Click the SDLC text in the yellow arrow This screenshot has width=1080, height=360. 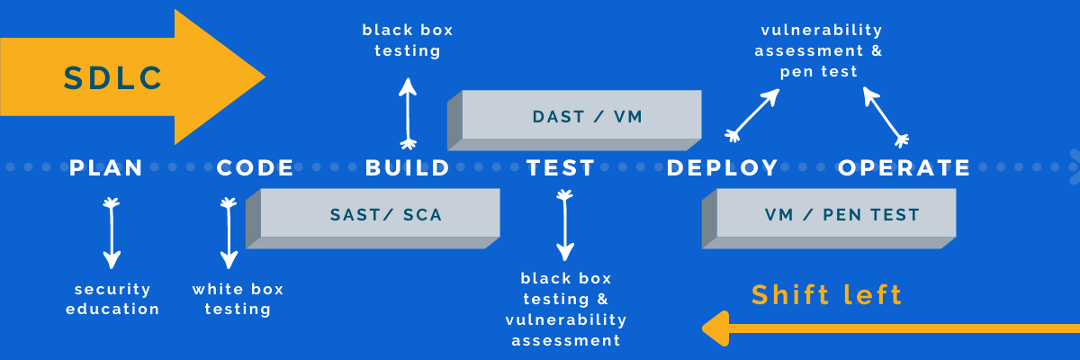(112, 78)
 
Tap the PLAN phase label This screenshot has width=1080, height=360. (106, 167)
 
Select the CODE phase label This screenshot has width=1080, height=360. (256, 167)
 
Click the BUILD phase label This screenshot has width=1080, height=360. (408, 167)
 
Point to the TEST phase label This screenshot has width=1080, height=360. (561, 167)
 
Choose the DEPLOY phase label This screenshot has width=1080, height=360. (723, 167)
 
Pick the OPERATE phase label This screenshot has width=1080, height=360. (904, 167)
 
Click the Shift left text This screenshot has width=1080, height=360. (826, 295)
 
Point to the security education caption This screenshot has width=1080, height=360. (112, 300)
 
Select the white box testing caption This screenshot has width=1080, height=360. (238, 300)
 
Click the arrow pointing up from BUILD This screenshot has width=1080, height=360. (408, 112)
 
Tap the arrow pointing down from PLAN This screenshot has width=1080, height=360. (111, 234)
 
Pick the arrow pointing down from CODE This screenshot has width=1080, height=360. (229, 234)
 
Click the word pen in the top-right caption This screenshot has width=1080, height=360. (796, 72)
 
